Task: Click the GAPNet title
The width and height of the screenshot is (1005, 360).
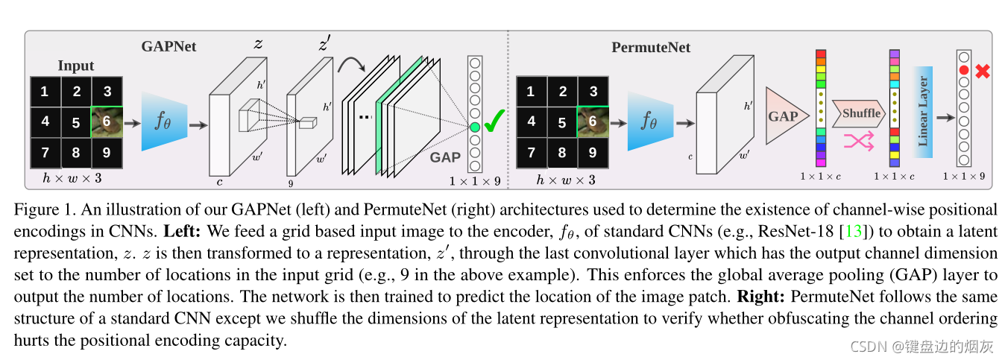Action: click(168, 46)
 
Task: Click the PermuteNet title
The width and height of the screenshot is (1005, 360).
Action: click(651, 48)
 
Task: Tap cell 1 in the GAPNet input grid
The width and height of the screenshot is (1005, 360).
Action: click(45, 92)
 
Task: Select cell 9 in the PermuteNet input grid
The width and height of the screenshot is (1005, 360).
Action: click(593, 153)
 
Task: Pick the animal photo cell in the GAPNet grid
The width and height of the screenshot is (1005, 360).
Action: click(107, 121)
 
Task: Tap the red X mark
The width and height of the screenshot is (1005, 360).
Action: click(983, 72)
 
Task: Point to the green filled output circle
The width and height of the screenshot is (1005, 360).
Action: click(475, 128)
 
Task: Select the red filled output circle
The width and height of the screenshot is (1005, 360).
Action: click(964, 70)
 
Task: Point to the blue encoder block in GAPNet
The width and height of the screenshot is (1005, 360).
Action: click(163, 122)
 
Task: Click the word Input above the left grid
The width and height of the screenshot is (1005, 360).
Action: click(75, 66)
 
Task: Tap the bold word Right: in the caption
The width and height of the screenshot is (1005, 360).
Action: click(760, 296)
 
